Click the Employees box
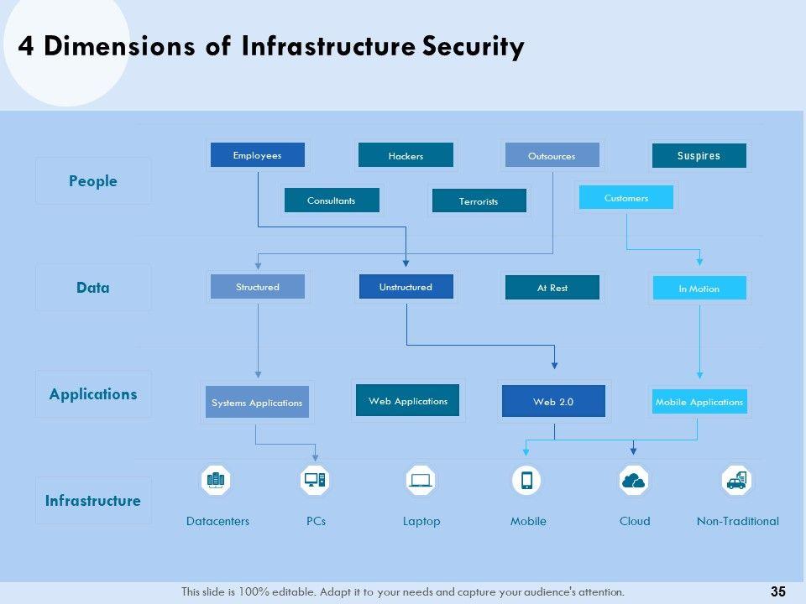(x=258, y=155)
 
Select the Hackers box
(x=406, y=155)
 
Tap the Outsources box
(x=552, y=155)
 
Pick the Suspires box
(x=699, y=156)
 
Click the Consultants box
(x=332, y=200)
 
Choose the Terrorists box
(x=479, y=200)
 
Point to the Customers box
(x=626, y=197)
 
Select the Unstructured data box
(x=406, y=287)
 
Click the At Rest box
(x=552, y=288)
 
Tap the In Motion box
(x=699, y=288)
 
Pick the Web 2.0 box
(x=553, y=401)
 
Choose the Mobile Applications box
(x=699, y=402)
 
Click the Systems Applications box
(x=257, y=402)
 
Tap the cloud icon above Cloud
(x=633, y=481)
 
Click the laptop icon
(x=421, y=480)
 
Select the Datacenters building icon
(x=216, y=480)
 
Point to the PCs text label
(x=317, y=521)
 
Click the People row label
(x=93, y=181)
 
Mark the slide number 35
(x=778, y=591)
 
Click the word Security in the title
(x=474, y=46)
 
